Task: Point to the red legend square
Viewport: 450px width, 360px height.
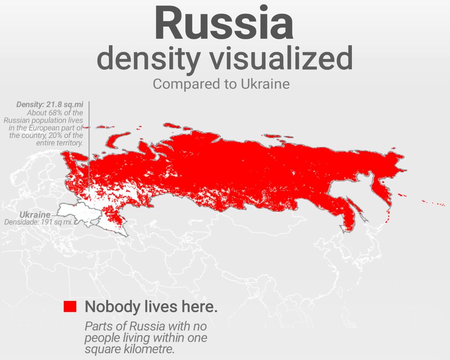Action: pos(70,307)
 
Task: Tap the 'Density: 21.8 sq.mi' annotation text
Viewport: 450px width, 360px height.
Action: pos(50,104)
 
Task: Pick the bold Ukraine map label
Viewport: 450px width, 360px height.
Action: pos(35,215)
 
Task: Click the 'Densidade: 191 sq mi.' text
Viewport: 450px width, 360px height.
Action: pos(39,222)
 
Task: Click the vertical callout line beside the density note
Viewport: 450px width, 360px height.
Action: pos(89,144)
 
